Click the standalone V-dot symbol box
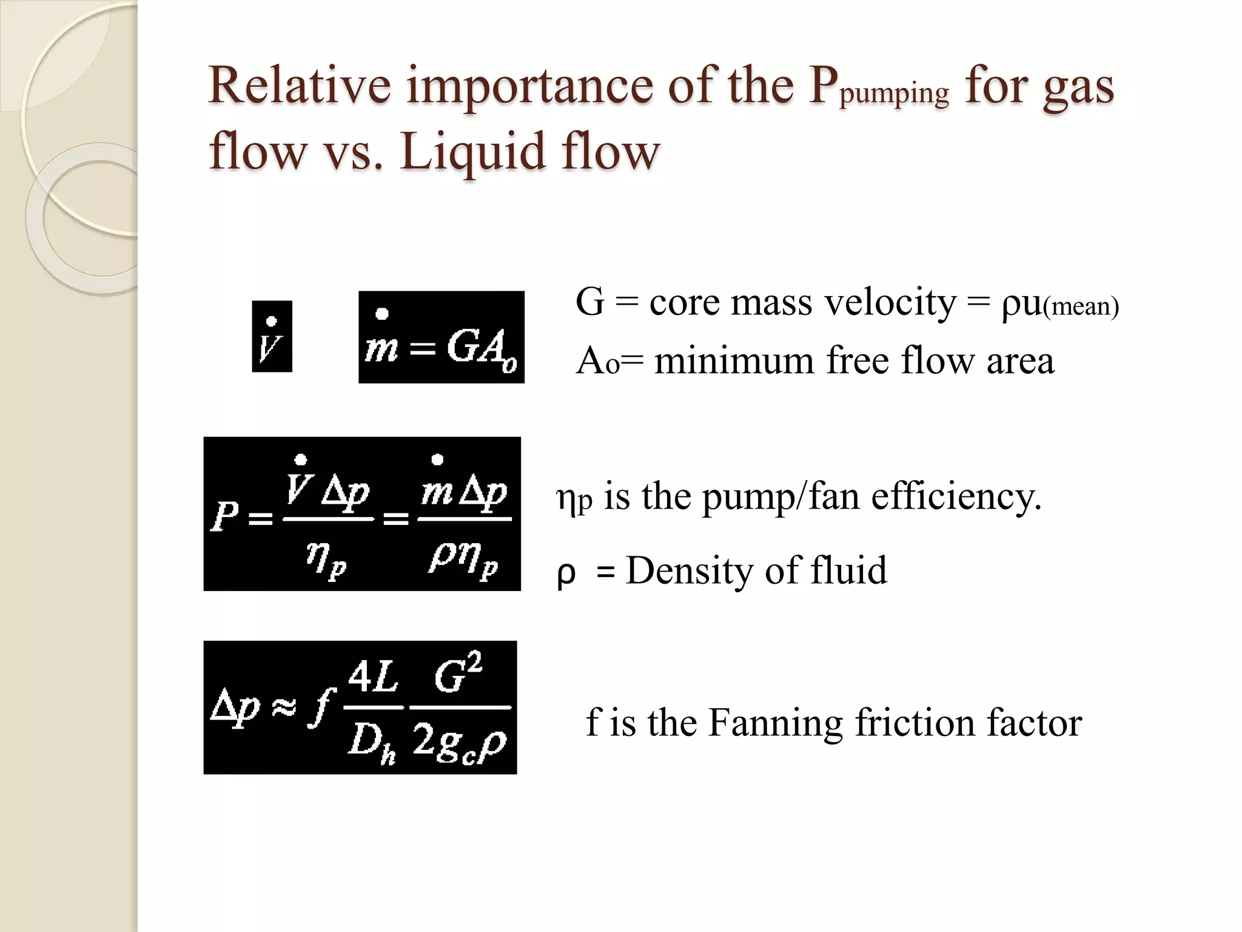tap(272, 337)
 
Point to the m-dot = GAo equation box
tap(441, 337)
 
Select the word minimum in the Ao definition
tap(734, 360)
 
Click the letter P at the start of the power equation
tap(224, 517)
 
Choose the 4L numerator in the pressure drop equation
tap(374, 677)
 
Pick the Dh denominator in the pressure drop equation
tap(372, 743)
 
